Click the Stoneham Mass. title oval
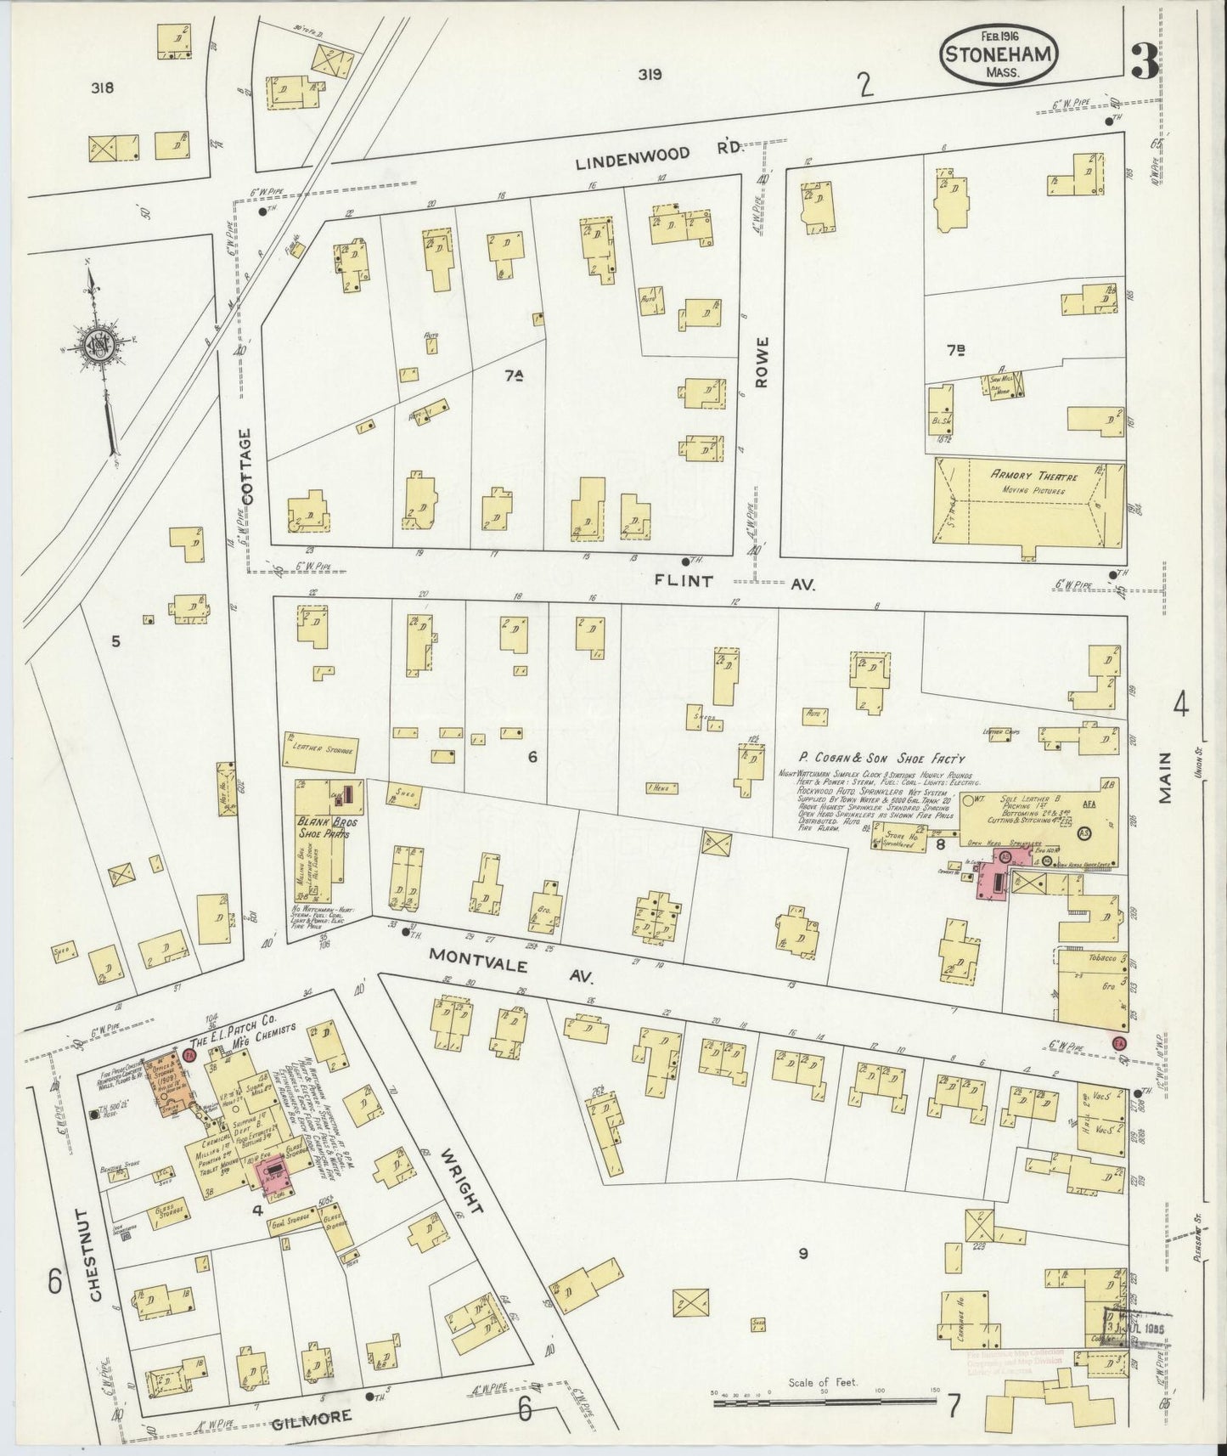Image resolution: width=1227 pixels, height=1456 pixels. [999, 54]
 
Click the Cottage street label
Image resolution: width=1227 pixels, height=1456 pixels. [245, 466]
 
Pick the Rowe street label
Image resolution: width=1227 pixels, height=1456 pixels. [760, 362]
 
